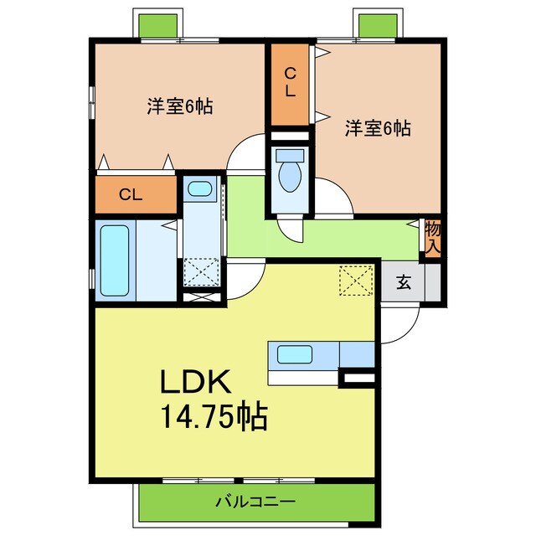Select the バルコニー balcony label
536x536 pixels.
click(x=255, y=502)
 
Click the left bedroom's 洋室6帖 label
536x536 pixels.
click(x=179, y=106)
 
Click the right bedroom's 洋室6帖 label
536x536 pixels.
click(x=378, y=129)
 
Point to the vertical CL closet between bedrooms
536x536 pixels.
click(x=289, y=84)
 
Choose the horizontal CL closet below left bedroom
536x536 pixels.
click(x=130, y=195)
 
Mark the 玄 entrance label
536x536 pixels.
click(x=404, y=283)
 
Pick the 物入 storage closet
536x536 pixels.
click(x=433, y=238)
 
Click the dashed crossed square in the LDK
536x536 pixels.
click(x=356, y=280)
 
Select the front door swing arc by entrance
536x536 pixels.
click(x=400, y=327)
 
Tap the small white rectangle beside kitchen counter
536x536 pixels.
click(x=358, y=380)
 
